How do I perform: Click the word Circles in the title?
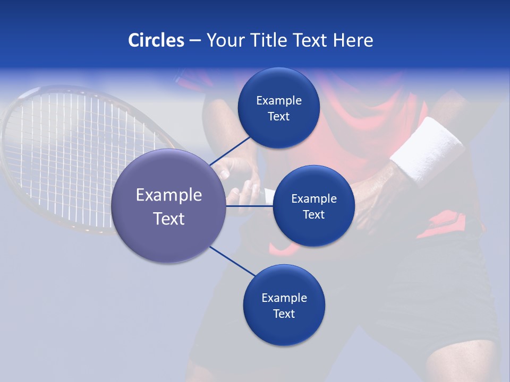156,40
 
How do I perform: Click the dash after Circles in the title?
194,41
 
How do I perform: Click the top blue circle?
278,85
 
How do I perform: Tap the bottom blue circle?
284,332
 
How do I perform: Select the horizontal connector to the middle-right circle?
250,206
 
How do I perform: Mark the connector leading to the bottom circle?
233,261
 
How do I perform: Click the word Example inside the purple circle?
169,195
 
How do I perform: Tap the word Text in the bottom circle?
284,314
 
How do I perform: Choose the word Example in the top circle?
278,100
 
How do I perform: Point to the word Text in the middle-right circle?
313,214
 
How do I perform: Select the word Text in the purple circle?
169,219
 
